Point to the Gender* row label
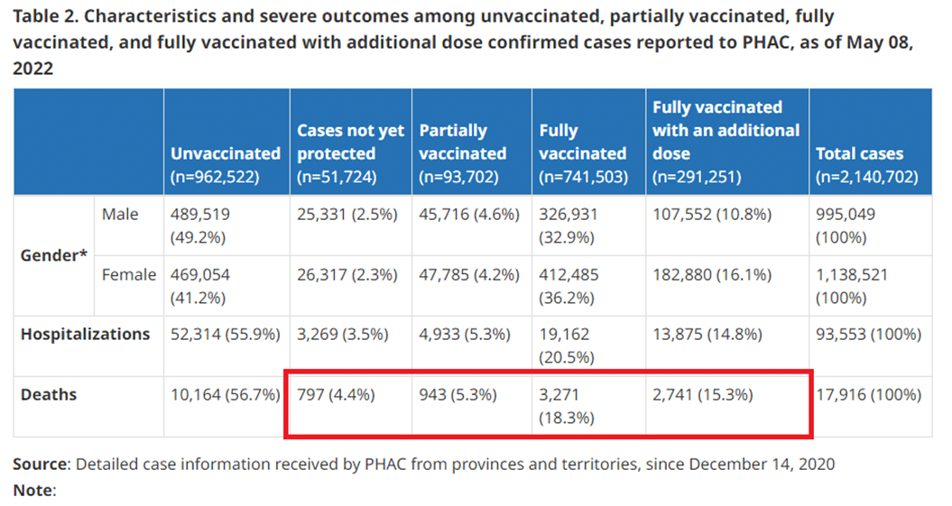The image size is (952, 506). tap(54, 255)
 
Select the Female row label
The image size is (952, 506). tap(129, 274)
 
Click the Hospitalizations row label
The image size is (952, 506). tap(86, 335)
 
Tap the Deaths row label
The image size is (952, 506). tap(49, 394)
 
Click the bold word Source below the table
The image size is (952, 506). tap(41, 465)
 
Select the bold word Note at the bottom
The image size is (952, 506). tap(32, 491)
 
